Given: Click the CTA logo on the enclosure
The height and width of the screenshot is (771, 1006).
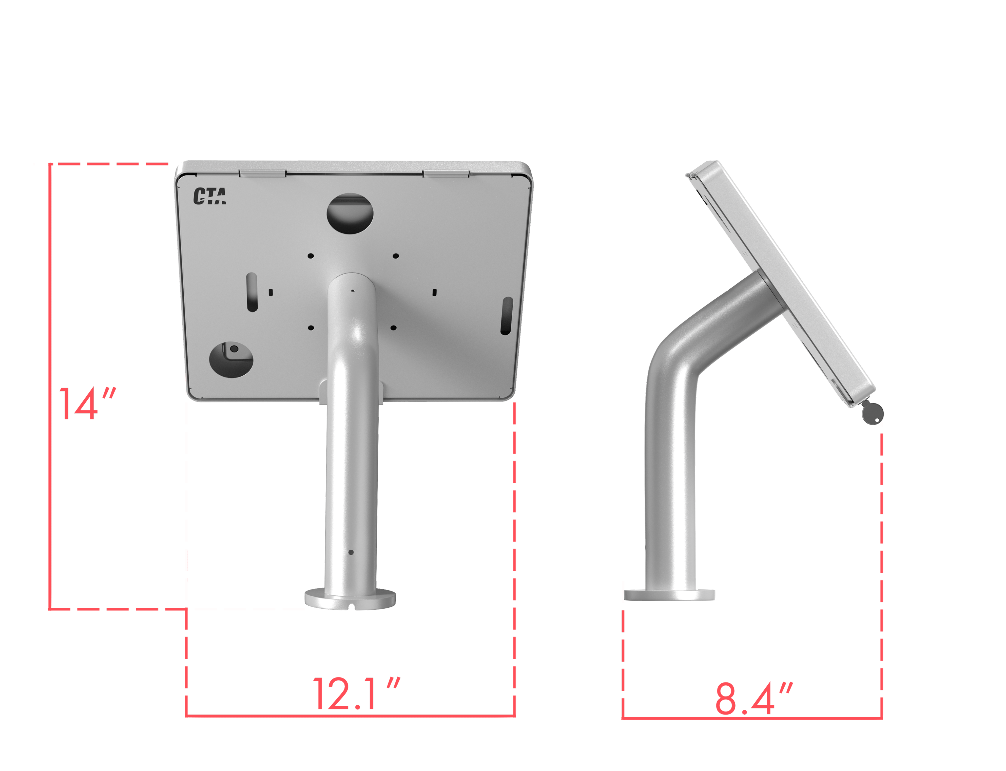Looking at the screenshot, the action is pos(209,196).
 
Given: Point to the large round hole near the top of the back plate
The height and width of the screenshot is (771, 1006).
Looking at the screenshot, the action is pos(350,214).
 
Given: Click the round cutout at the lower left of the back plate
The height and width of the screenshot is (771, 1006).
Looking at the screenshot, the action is pos(231,360).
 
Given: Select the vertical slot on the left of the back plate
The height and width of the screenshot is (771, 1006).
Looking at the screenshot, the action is pos(252,292).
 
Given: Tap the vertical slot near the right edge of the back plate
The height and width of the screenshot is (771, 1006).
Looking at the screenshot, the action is pos(507,316).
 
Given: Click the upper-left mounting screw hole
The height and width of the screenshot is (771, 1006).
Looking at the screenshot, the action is pos(311,256).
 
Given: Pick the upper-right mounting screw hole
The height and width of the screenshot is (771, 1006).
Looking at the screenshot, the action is pos(396,256).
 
